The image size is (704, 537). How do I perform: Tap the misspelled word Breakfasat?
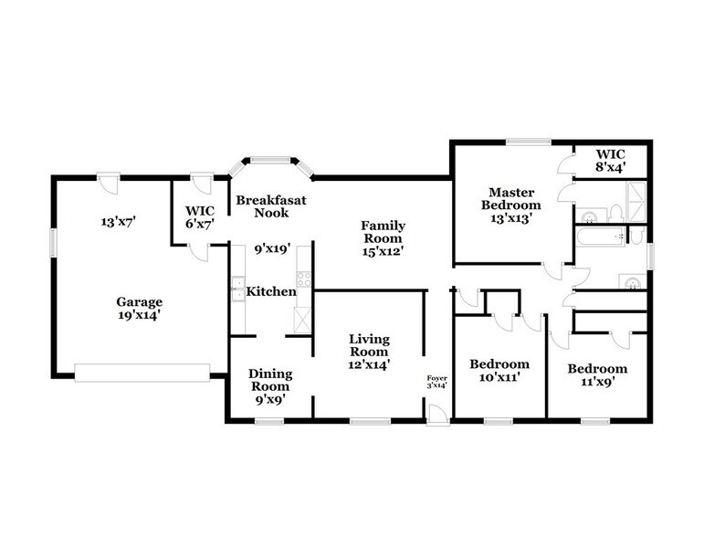(263, 200)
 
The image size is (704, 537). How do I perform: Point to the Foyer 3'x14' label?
(438, 383)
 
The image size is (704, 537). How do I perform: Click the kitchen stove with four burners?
(303, 279)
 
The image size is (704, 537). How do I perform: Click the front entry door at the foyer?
(438, 416)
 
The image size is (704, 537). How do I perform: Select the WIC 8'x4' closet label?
(610, 160)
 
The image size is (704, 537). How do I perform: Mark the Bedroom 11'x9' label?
(597, 374)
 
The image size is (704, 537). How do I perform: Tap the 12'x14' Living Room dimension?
(369, 363)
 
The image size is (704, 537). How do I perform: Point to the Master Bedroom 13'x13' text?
(511, 205)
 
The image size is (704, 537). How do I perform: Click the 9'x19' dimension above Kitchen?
(271, 247)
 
